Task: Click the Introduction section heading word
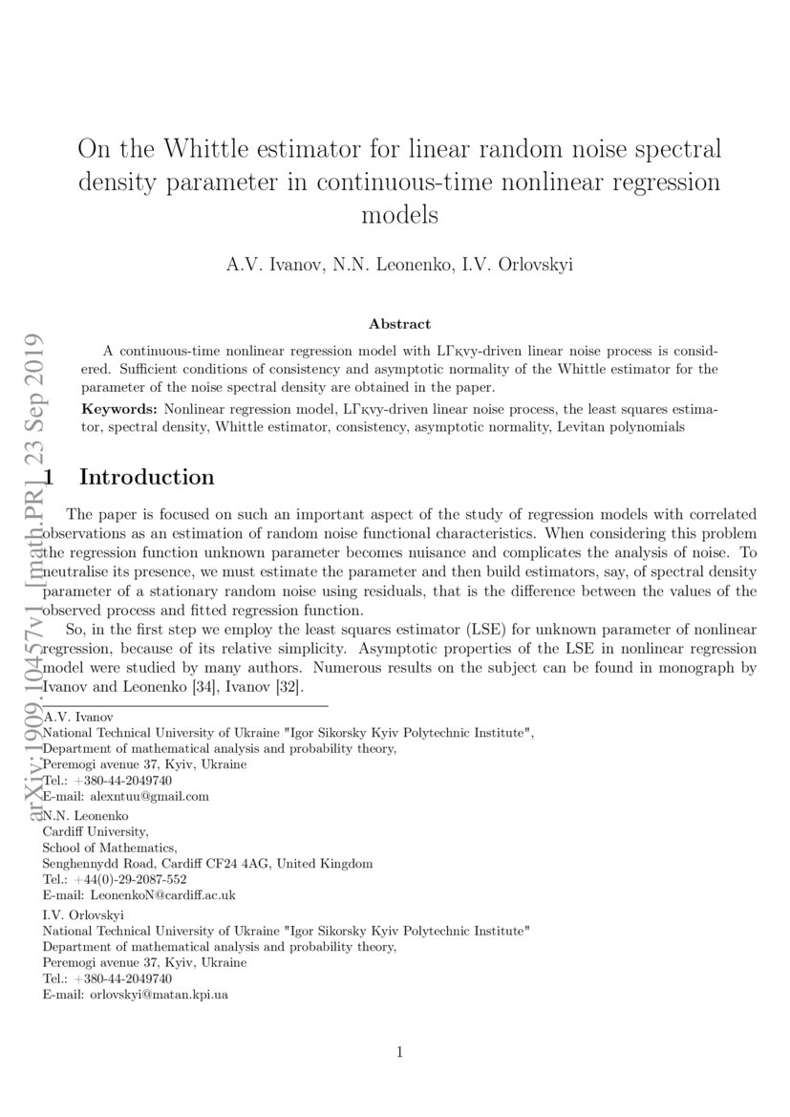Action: [x=146, y=476]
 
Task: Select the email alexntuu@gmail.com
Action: [x=148, y=795]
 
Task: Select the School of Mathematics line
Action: [x=110, y=847]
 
